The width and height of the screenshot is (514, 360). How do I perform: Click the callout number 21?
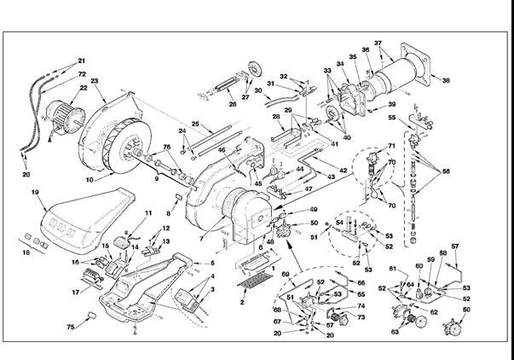point(82,61)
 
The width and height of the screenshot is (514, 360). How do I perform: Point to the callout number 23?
point(95,81)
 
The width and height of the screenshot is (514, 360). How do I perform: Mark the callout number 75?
point(71,327)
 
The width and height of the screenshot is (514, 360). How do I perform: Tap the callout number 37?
point(378,43)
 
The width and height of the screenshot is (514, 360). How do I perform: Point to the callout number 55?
point(392,117)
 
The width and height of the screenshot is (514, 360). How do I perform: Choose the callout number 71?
point(392,147)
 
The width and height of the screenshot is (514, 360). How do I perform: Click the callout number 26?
point(232,106)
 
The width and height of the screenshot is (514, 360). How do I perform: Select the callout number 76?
point(167,148)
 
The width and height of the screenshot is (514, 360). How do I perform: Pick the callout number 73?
point(361,317)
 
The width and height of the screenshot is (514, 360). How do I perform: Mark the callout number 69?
point(286,273)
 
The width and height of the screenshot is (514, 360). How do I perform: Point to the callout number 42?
point(343,171)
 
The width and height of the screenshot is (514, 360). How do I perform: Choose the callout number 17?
point(76,292)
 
